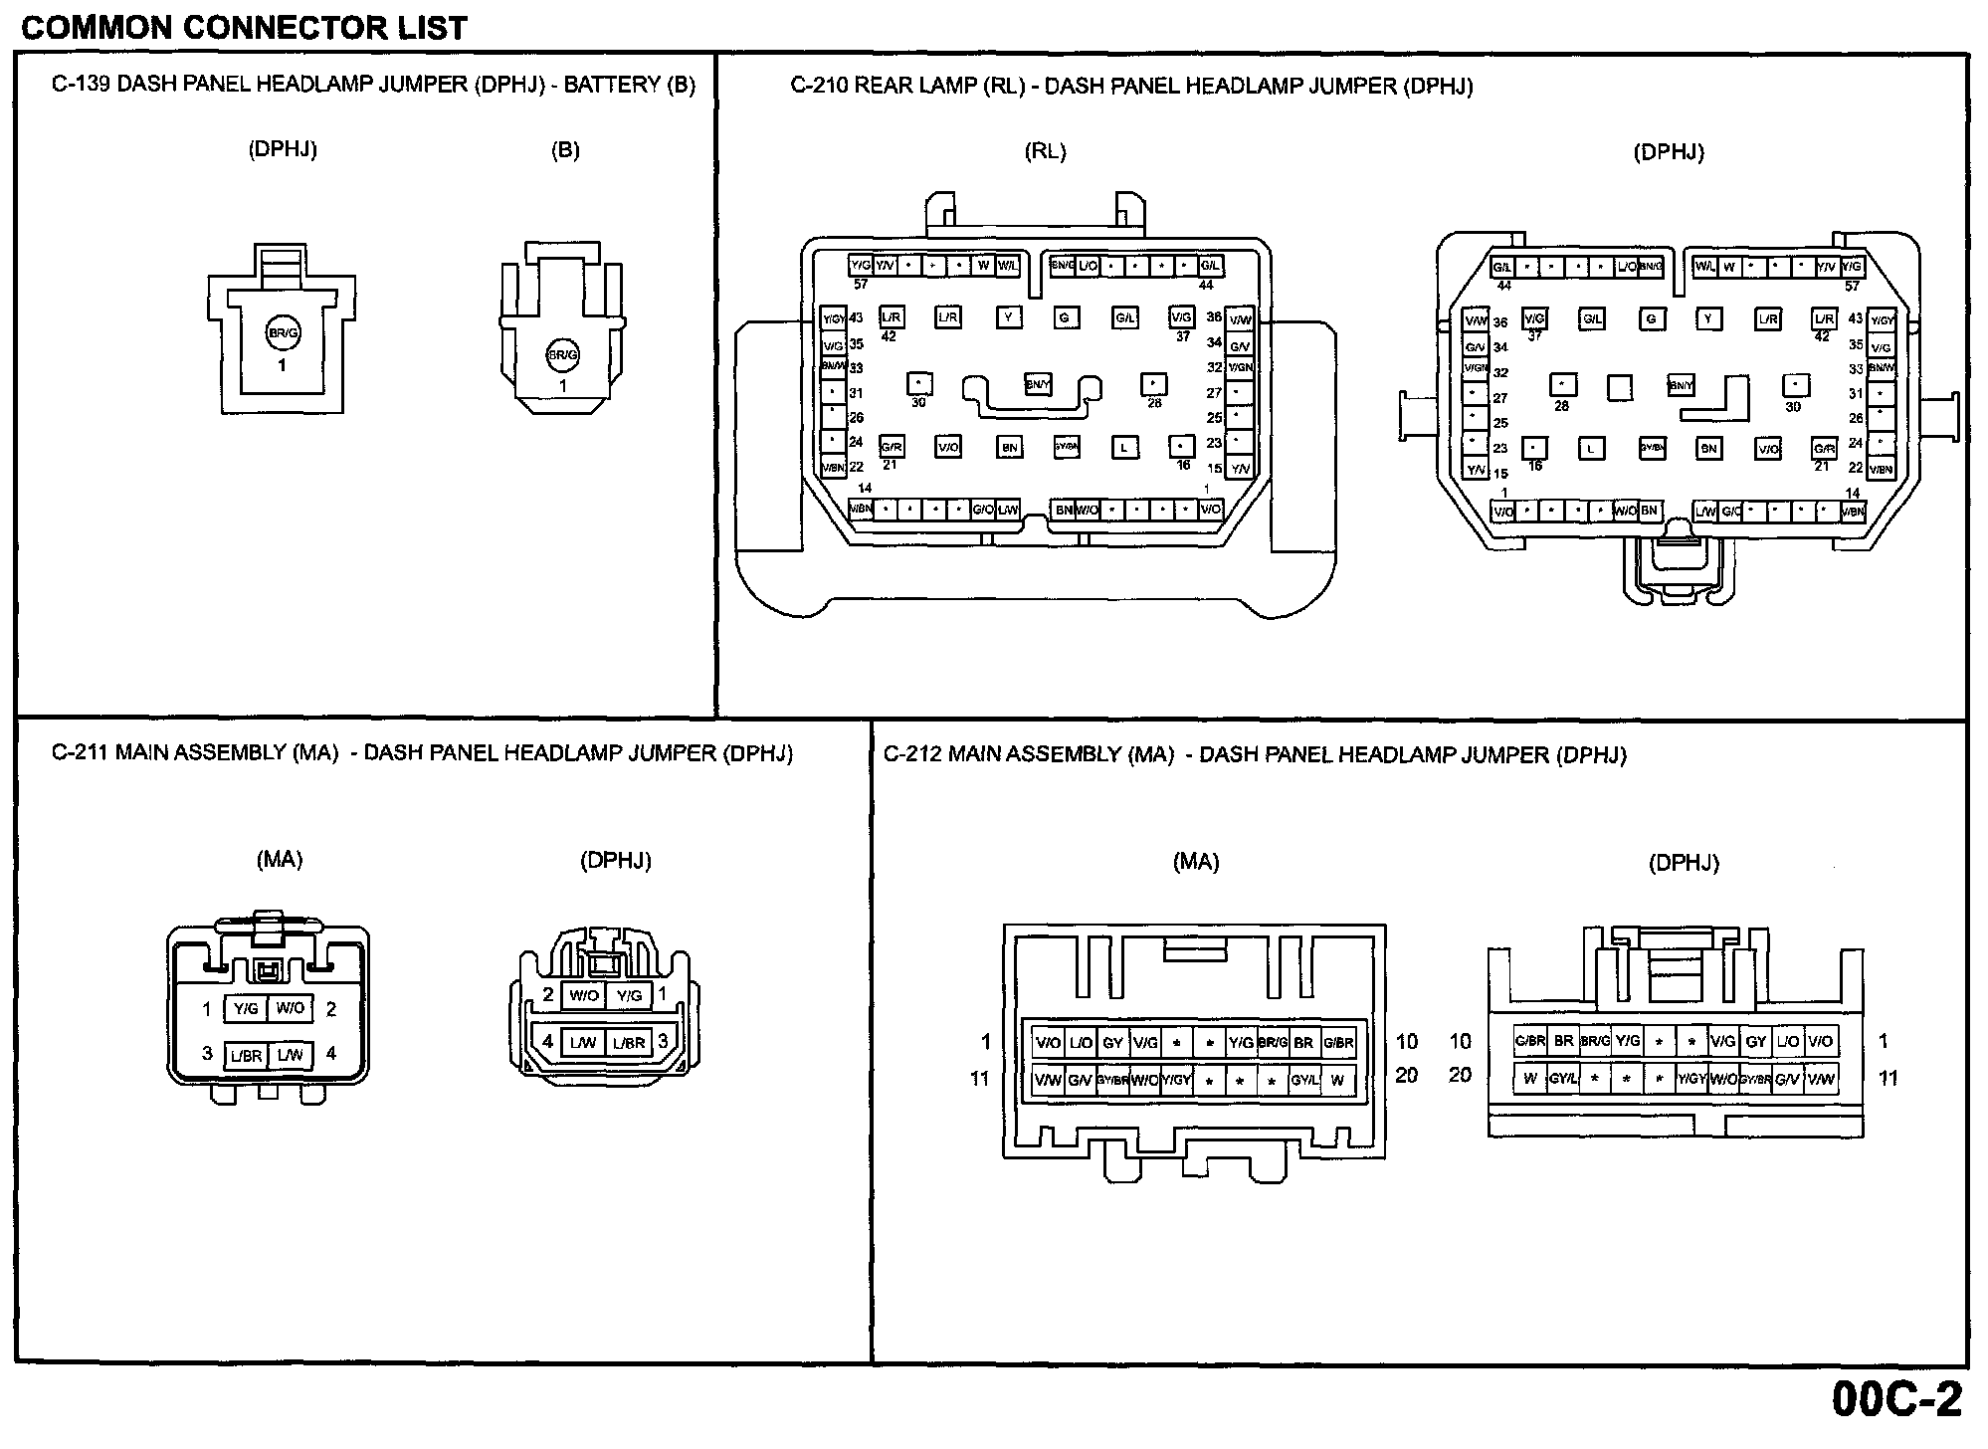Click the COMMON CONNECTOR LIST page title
(244, 27)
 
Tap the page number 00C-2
(1896, 1400)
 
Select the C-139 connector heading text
(373, 85)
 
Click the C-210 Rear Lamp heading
(1131, 86)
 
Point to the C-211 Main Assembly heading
(422, 753)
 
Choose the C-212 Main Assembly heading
(1255, 754)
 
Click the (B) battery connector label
(565, 150)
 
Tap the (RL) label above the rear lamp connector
(1045, 151)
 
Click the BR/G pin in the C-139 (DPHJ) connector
(283, 333)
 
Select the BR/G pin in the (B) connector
(563, 354)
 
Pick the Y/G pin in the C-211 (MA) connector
(245, 1008)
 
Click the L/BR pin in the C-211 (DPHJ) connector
(629, 1043)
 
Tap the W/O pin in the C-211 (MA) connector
(291, 1008)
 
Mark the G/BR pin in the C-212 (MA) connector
(1338, 1043)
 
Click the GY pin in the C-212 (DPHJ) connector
(1756, 1042)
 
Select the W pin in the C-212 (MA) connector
(1337, 1080)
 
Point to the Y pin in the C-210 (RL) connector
(1009, 317)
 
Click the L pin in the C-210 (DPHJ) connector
(1591, 449)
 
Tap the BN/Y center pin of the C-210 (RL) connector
(1038, 384)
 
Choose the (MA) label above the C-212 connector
(1195, 862)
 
